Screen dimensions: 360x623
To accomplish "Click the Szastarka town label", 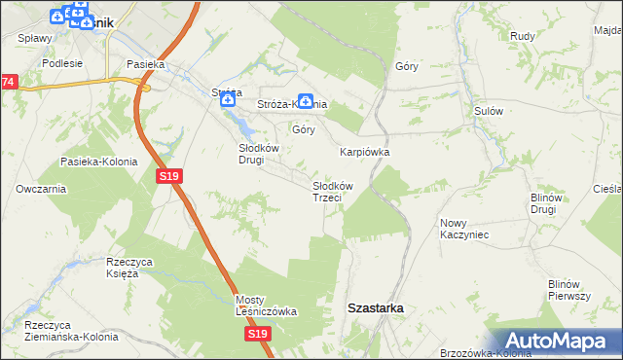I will pos(376,307).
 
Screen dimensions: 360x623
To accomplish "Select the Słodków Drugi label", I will pos(259,154).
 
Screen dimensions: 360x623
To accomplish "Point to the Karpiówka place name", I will pos(364,153).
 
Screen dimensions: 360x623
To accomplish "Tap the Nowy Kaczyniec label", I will pos(463,229).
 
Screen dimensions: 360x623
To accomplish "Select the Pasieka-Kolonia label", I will pos(97,162).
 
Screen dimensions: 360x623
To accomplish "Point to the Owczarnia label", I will pos(40,189).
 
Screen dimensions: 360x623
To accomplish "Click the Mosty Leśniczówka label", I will pos(266,306).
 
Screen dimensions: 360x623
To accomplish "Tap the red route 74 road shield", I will pos(8,83).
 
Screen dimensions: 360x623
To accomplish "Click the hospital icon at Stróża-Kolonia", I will pos(305,99).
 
